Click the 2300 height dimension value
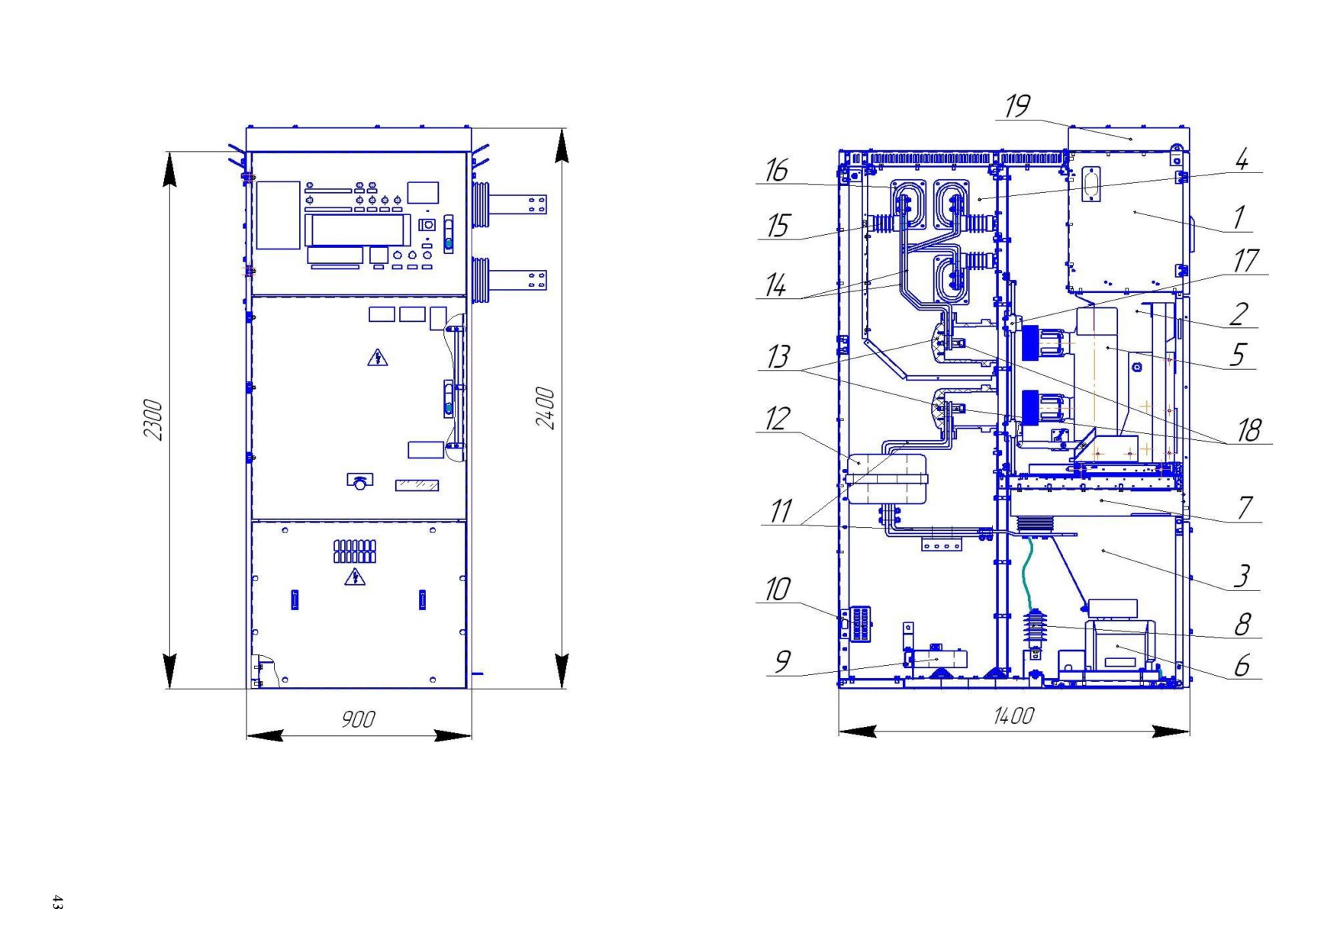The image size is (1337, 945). click(x=153, y=419)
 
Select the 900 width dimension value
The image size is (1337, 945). click(x=357, y=719)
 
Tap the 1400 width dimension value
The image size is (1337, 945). click(x=1013, y=715)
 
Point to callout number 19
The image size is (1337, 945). click(x=1017, y=106)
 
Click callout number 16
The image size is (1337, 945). click(x=777, y=170)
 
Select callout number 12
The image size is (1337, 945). click(x=778, y=419)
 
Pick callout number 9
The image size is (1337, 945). click(x=782, y=661)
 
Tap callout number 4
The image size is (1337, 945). click(x=1242, y=159)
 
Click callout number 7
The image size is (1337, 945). click(x=1245, y=507)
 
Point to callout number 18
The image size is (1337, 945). click(x=1249, y=430)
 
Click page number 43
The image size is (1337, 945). click(x=57, y=902)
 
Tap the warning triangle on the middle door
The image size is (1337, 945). click(x=377, y=357)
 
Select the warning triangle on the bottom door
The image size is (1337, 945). click(x=355, y=577)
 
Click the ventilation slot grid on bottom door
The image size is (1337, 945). click(x=355, y=551)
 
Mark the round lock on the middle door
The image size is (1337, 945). click(x=359, y=481)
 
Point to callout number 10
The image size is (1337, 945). click(x=778, y=590)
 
